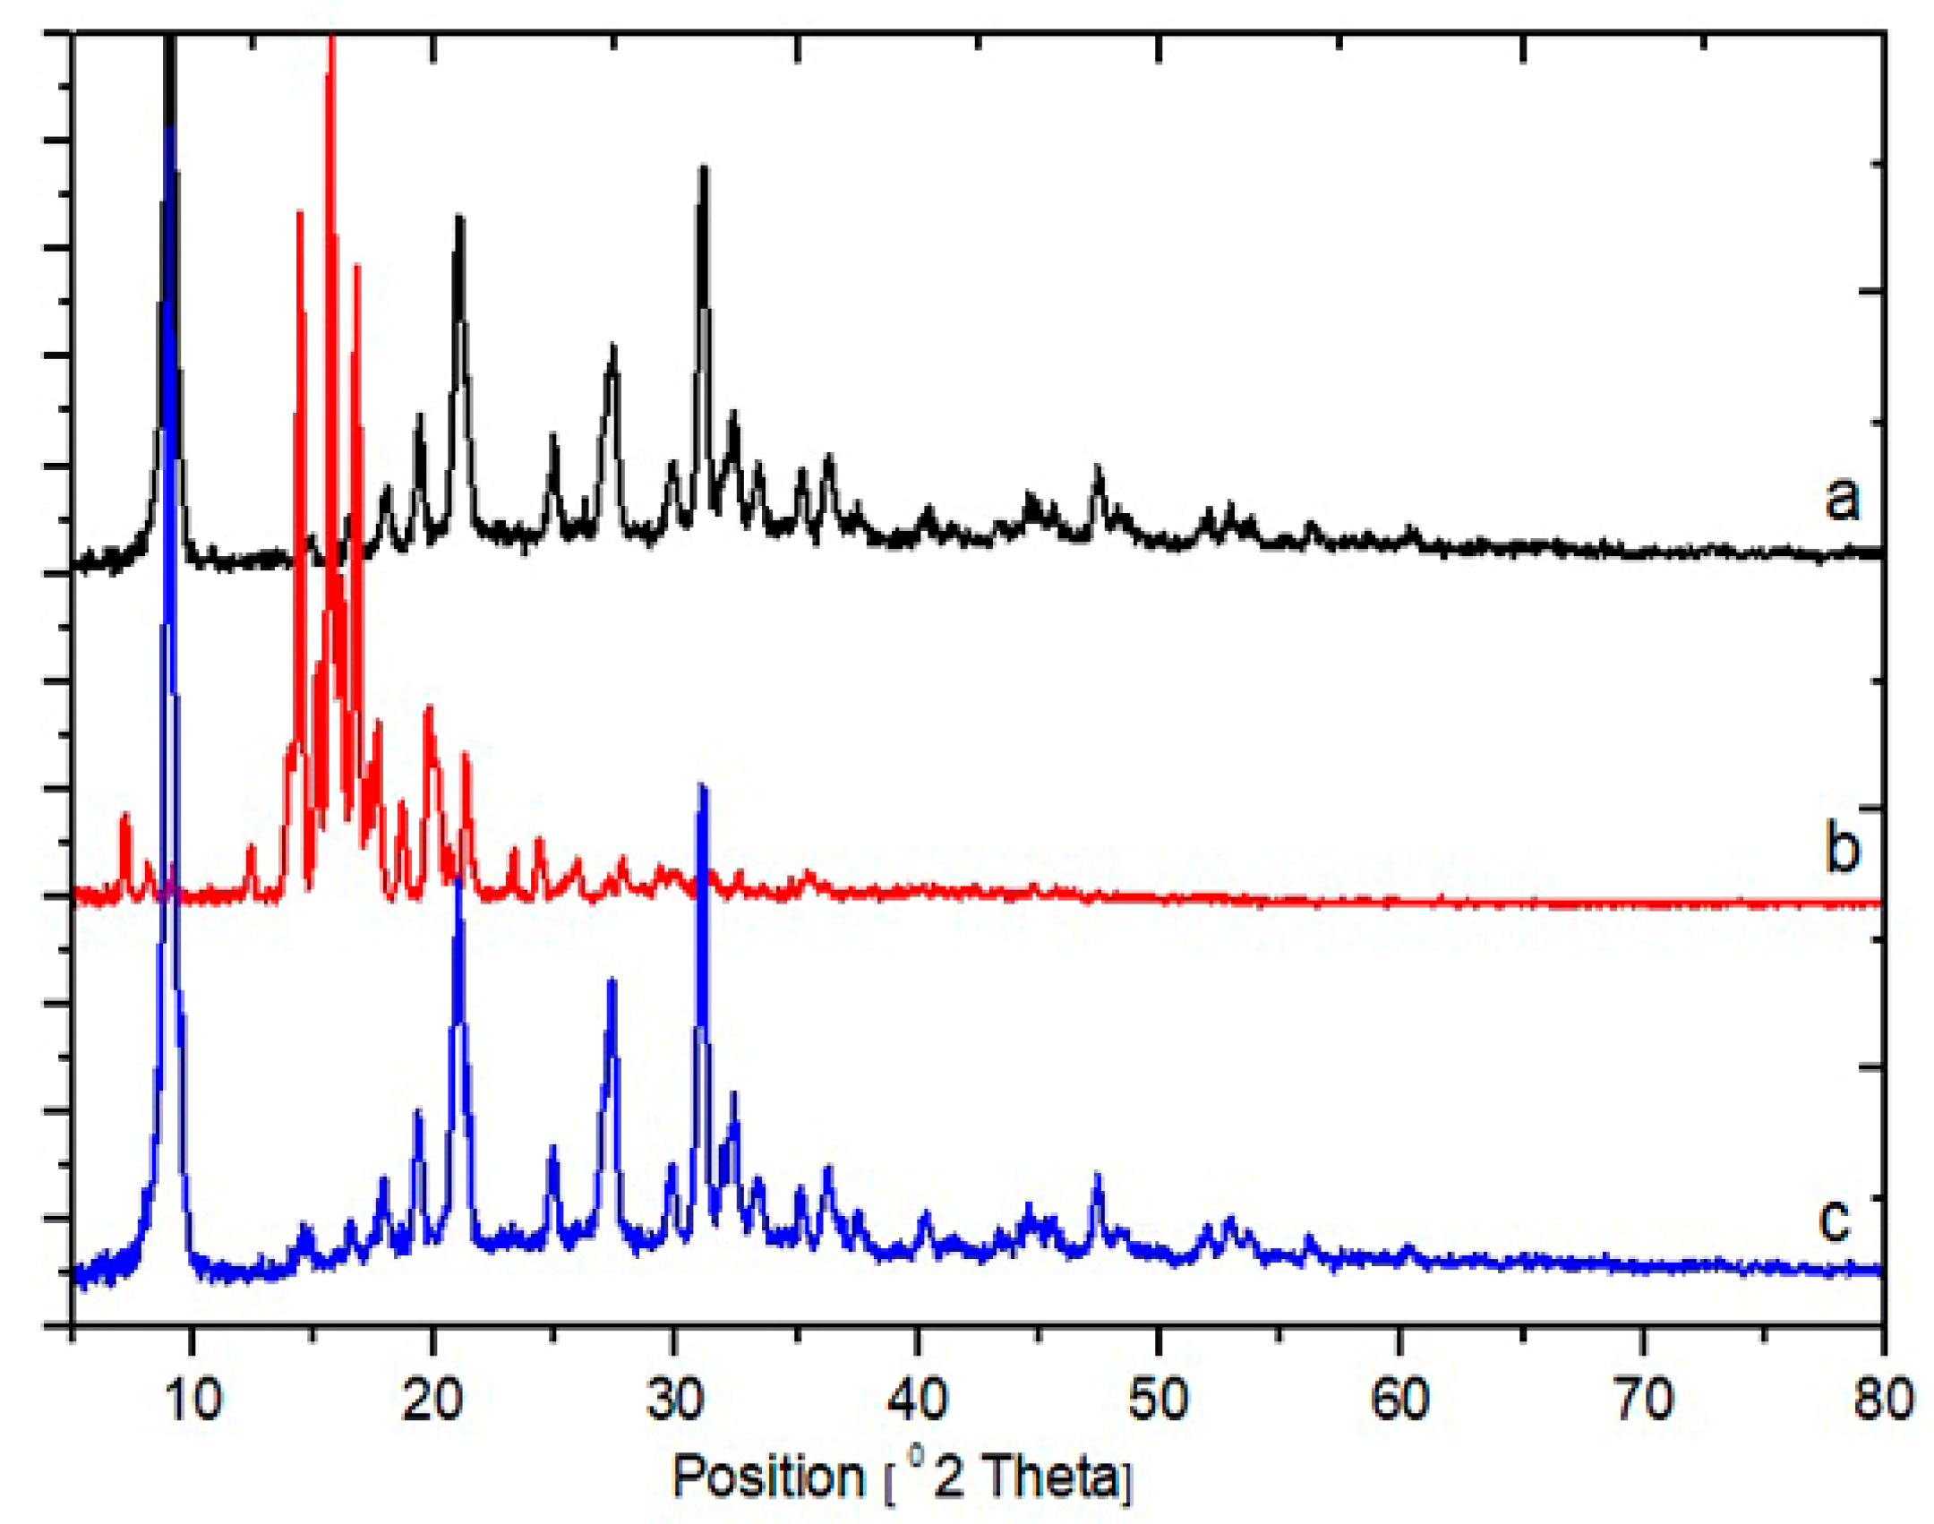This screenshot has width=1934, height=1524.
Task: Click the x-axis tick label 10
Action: coord(192,1399)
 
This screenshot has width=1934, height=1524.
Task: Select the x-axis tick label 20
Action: coord(432,1399)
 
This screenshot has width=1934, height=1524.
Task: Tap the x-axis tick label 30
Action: coord(674,1399)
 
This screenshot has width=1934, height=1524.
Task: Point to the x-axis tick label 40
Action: coord(917,1399)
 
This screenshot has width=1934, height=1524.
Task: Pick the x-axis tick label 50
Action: coord(1159,1399)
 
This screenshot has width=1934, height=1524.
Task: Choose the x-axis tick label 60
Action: coord(1400,1399)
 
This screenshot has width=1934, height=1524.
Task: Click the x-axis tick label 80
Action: coord(1883,1399)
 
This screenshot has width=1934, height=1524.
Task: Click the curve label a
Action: coord(1842,497)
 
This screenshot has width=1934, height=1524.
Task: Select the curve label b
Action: coord(1842,846)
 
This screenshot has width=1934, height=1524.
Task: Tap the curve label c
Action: coord(1835,1219)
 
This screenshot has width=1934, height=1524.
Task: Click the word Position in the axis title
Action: coord(767,1477)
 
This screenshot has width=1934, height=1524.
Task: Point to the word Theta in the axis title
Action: coord(1051,1477)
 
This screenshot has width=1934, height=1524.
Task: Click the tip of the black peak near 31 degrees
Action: coord(704,168)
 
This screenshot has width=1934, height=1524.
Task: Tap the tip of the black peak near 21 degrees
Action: coord(459,218)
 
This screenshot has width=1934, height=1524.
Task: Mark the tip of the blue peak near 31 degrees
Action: coord(703,786)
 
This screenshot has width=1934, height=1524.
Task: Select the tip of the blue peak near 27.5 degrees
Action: coord(612,980)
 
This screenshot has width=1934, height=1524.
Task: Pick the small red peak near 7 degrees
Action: coord(125,815)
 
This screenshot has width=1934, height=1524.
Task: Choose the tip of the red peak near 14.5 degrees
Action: coord(300,213)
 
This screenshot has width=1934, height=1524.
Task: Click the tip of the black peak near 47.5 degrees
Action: coord(1098,468)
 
